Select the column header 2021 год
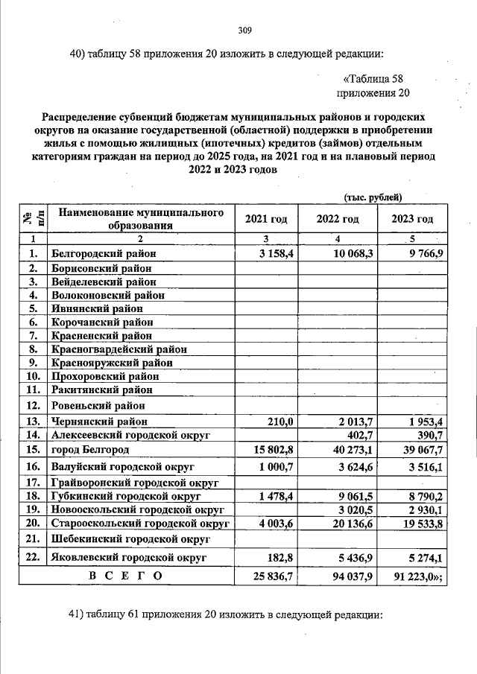(266, 219)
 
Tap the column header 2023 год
(412, 219)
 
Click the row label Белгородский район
(104, 255)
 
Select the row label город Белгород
(90, 450)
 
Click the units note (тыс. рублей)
(373, 197)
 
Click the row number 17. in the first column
(32, 483)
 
